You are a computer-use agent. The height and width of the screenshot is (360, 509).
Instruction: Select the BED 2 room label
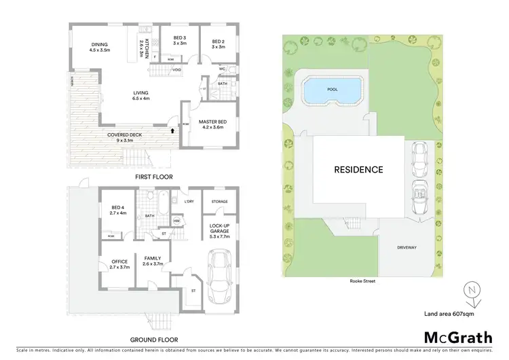click(217, 39)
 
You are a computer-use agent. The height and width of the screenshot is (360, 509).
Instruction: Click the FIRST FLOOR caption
click(153, 177)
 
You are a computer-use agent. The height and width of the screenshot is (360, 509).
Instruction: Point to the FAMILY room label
click(152, 260)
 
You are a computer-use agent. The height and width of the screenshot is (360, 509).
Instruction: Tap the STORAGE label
click(219, 202)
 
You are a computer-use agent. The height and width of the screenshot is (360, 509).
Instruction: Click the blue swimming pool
click(331, 90)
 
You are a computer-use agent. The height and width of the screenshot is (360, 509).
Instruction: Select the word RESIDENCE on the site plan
click(358, 170)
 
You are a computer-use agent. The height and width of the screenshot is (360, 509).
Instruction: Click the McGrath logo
click(458, 338)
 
